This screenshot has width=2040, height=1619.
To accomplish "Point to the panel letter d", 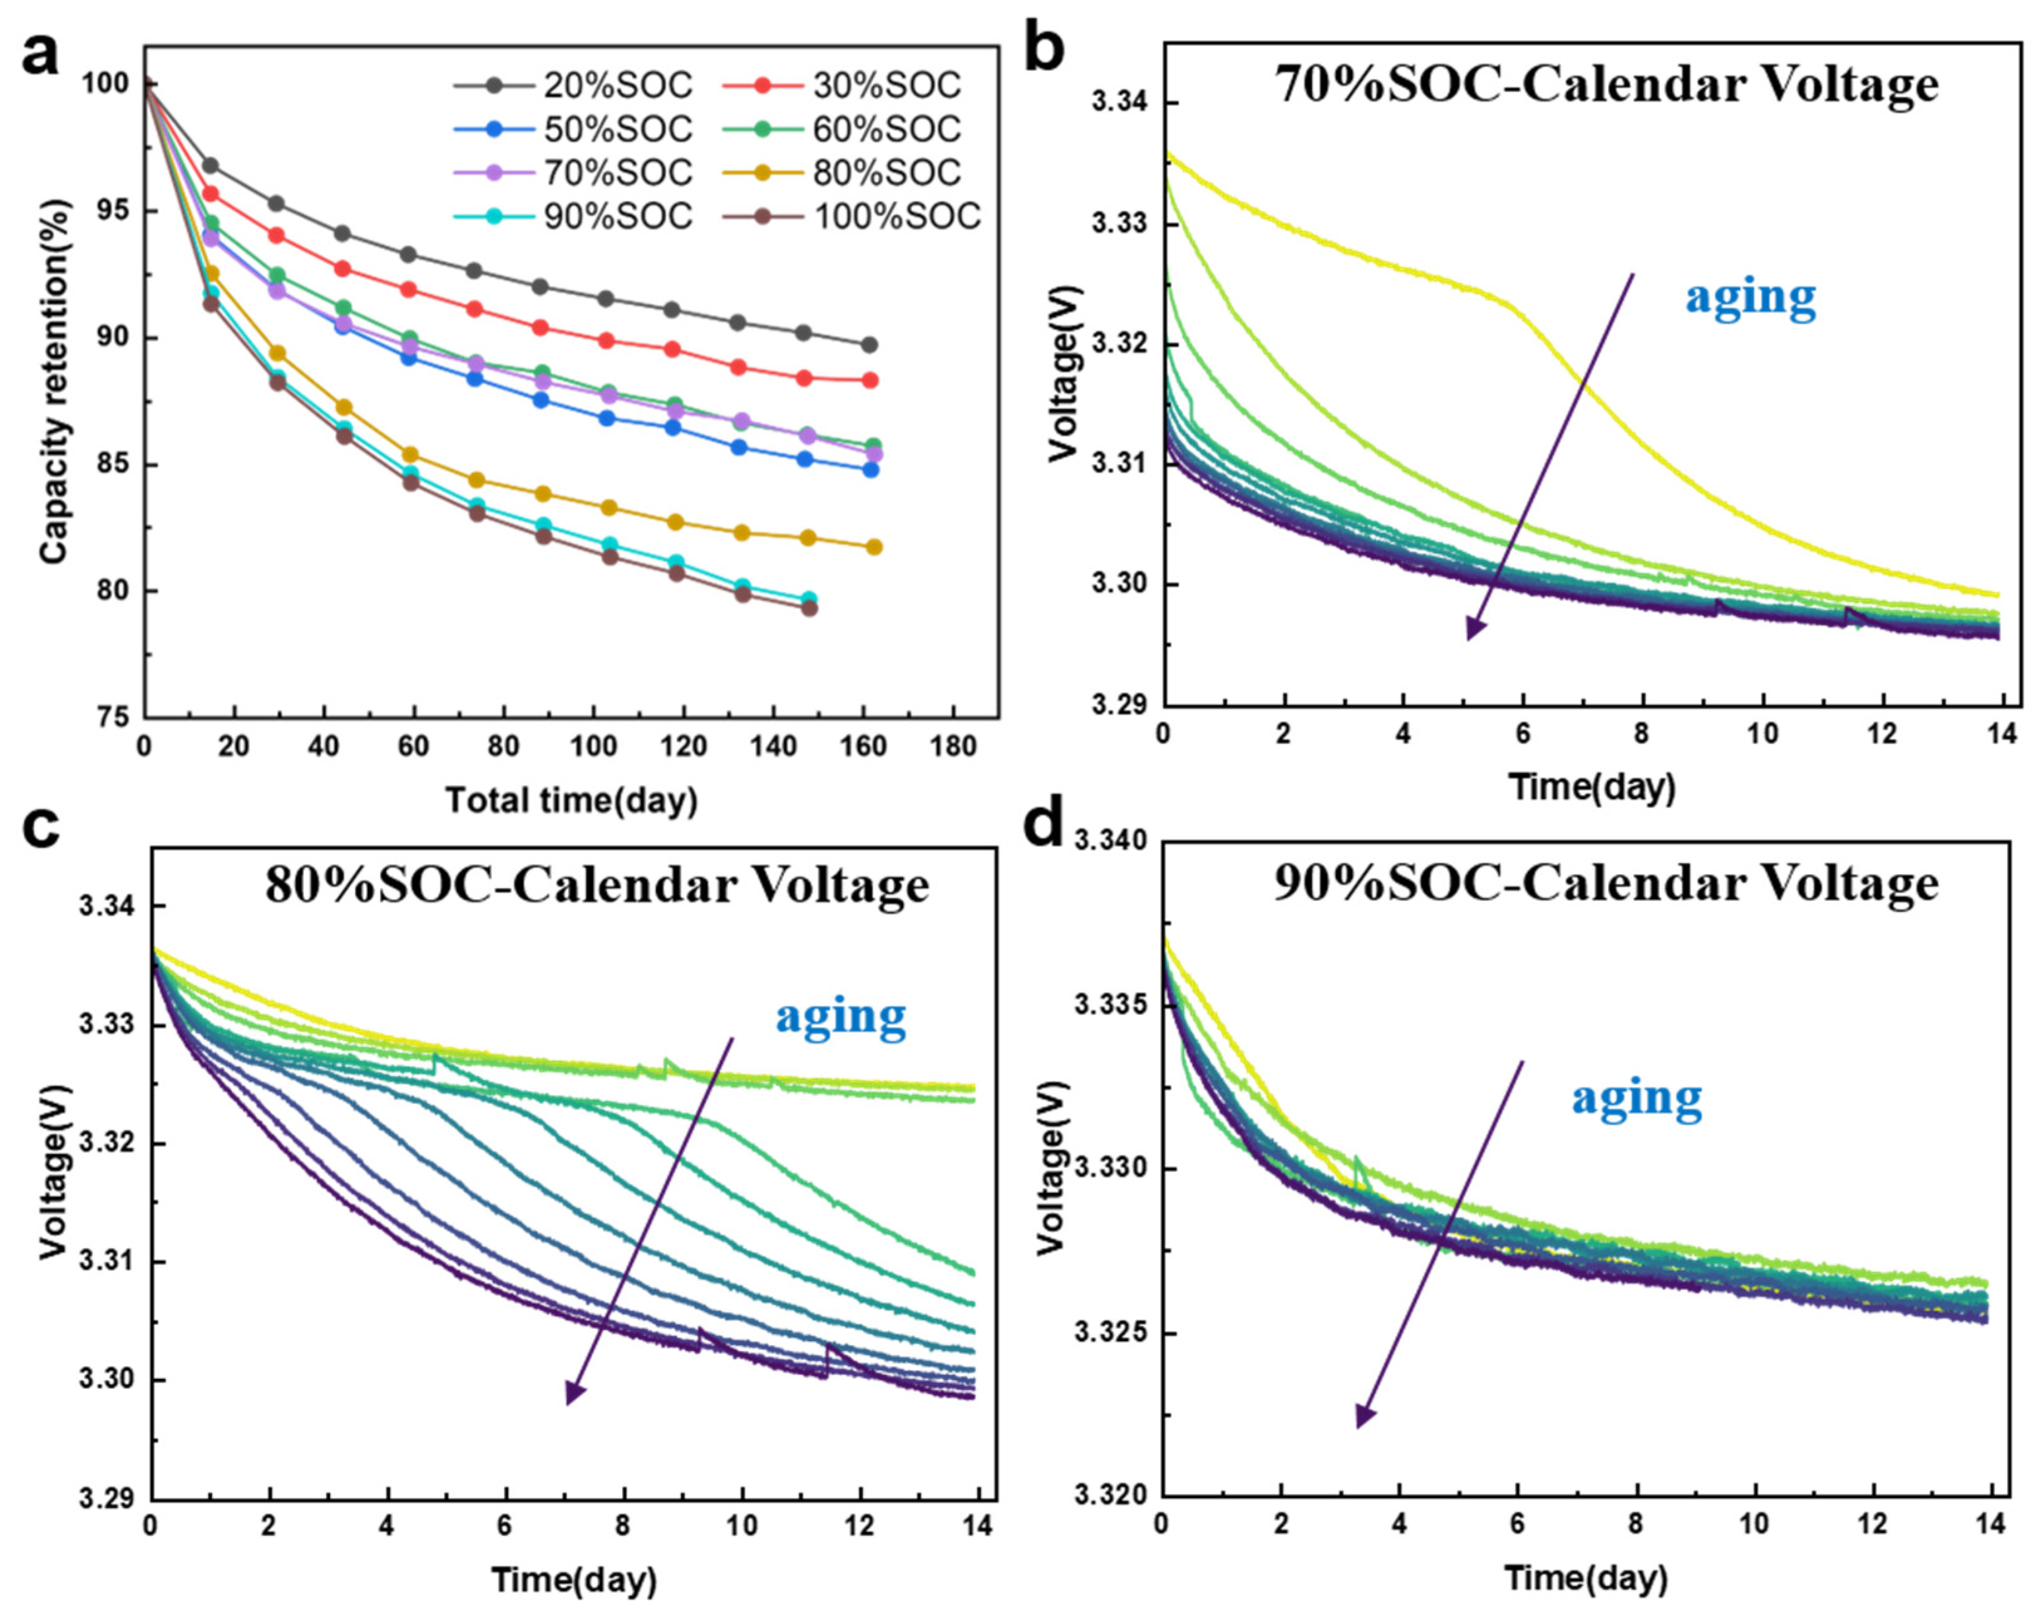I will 1045,824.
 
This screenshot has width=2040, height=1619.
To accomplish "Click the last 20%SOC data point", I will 869,344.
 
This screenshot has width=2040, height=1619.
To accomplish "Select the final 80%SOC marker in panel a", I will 874,547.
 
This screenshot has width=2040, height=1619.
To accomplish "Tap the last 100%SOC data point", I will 809,608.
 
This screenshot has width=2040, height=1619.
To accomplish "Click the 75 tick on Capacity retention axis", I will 114,717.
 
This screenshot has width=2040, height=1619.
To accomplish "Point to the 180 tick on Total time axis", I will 953,747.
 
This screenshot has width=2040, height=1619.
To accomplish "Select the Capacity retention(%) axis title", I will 55,381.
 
